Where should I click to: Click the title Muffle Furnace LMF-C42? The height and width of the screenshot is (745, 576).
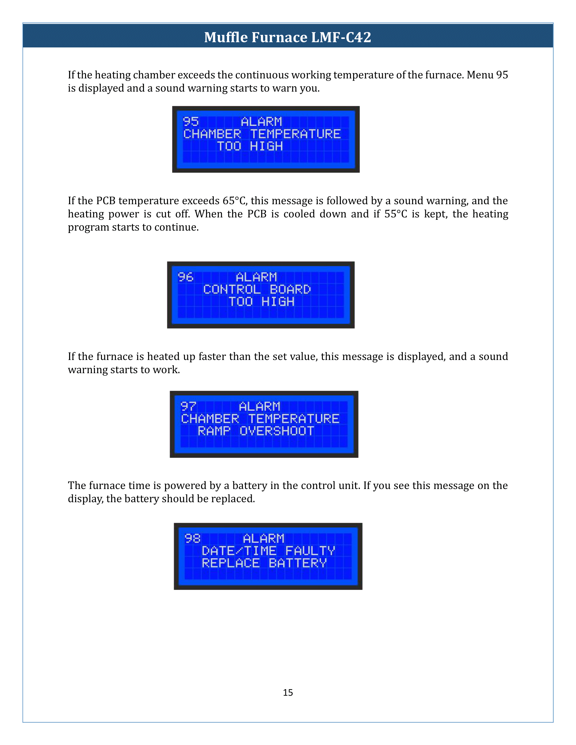[x=287, y=37]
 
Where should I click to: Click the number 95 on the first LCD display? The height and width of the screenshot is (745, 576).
[x=191, y=122]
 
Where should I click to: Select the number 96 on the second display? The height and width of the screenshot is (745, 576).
[x=186, y=277]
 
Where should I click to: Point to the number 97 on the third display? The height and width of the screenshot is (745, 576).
[x=188, y=406]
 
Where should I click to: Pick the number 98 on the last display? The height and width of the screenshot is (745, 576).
[x=192, y=538]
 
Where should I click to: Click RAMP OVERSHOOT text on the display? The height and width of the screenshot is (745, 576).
[x=255, y=431]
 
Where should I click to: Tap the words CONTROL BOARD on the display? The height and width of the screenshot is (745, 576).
[x=256, y=289]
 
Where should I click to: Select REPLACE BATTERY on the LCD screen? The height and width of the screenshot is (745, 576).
[x=264, y=563]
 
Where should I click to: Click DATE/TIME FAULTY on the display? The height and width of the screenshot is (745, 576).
[x=268, y=551]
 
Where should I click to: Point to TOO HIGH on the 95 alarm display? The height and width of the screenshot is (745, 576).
[x=250, y=146]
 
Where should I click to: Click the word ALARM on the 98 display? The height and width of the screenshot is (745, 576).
[x=263, y=538]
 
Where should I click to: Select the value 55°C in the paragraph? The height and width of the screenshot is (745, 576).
[x=396, y=214]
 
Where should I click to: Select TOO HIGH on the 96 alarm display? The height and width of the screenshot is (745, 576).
[x=261, y=301]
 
